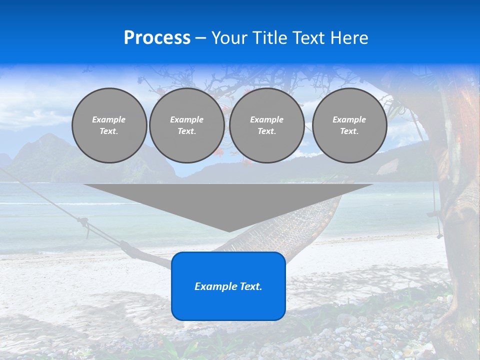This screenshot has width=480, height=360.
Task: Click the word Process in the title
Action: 157,38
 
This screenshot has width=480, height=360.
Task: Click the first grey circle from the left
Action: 109,125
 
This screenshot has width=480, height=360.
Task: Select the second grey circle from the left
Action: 186,125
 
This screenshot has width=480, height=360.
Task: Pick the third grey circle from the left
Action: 266,125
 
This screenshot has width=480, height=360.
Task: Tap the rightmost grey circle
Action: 349,125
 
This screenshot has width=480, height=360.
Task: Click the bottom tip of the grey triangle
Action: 229,230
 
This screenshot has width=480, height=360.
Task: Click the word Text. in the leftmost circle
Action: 109,131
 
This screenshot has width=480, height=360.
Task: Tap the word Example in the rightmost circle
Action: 349,119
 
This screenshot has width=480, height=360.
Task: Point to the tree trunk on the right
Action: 457,200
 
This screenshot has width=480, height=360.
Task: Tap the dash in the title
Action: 201,38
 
